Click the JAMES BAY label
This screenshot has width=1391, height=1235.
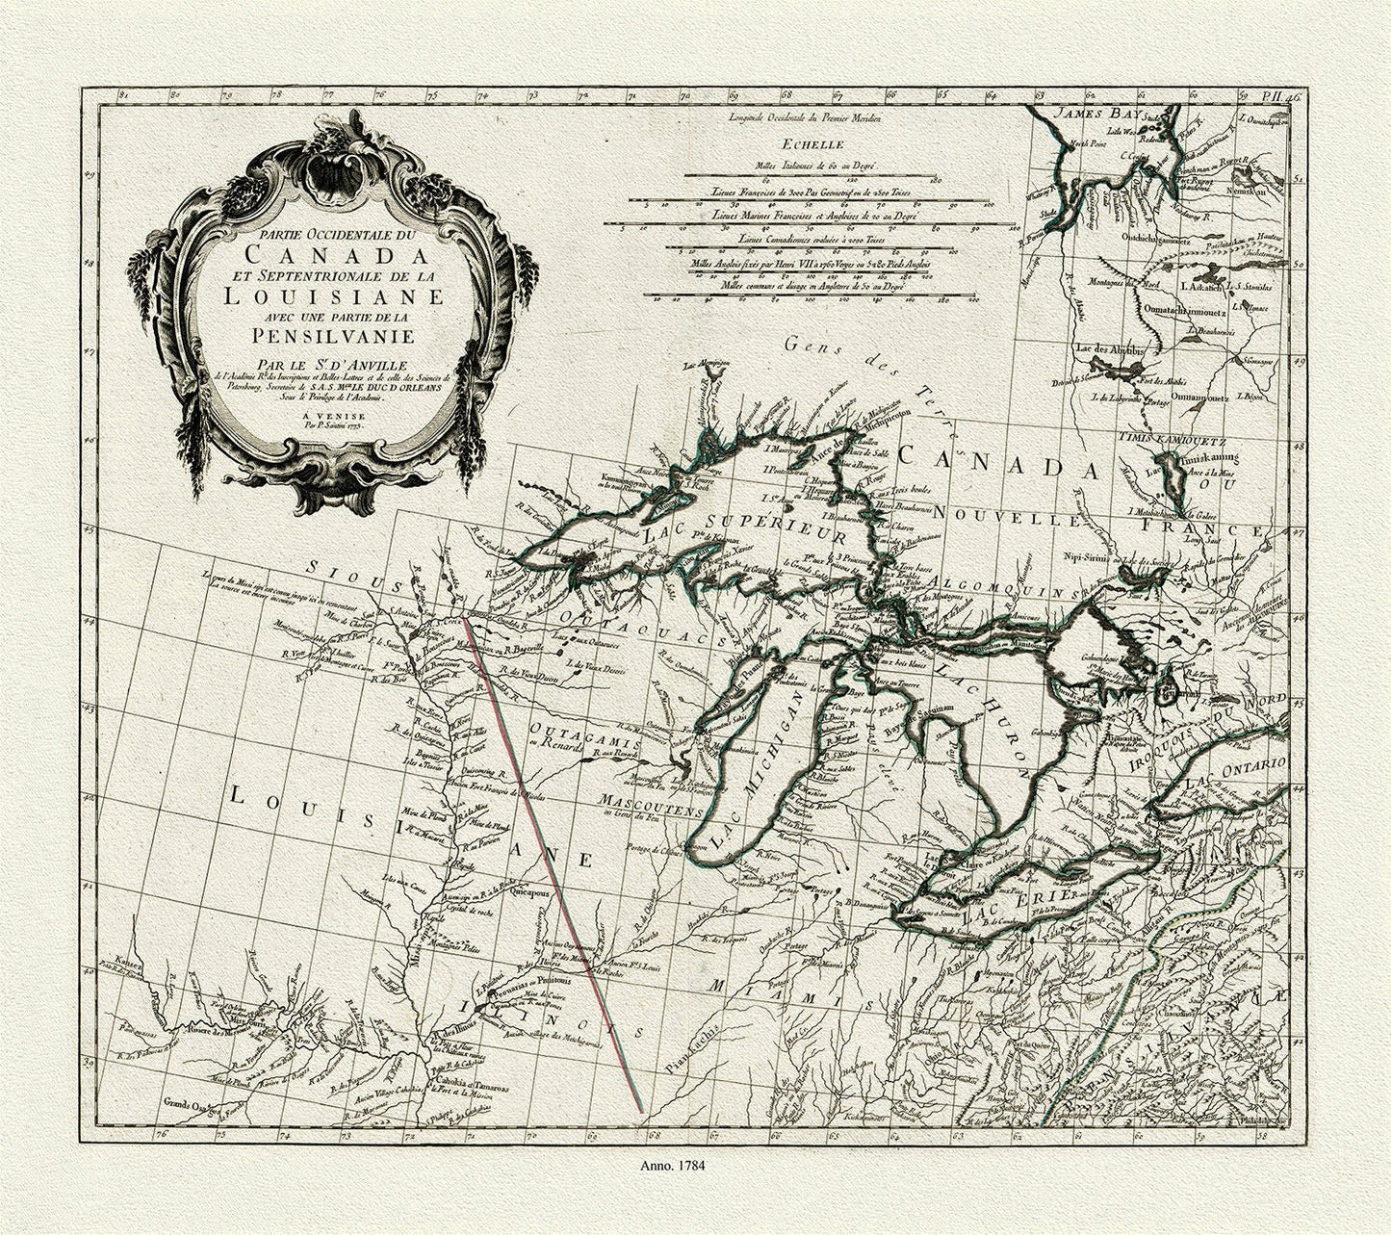[x=1096, y=114]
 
